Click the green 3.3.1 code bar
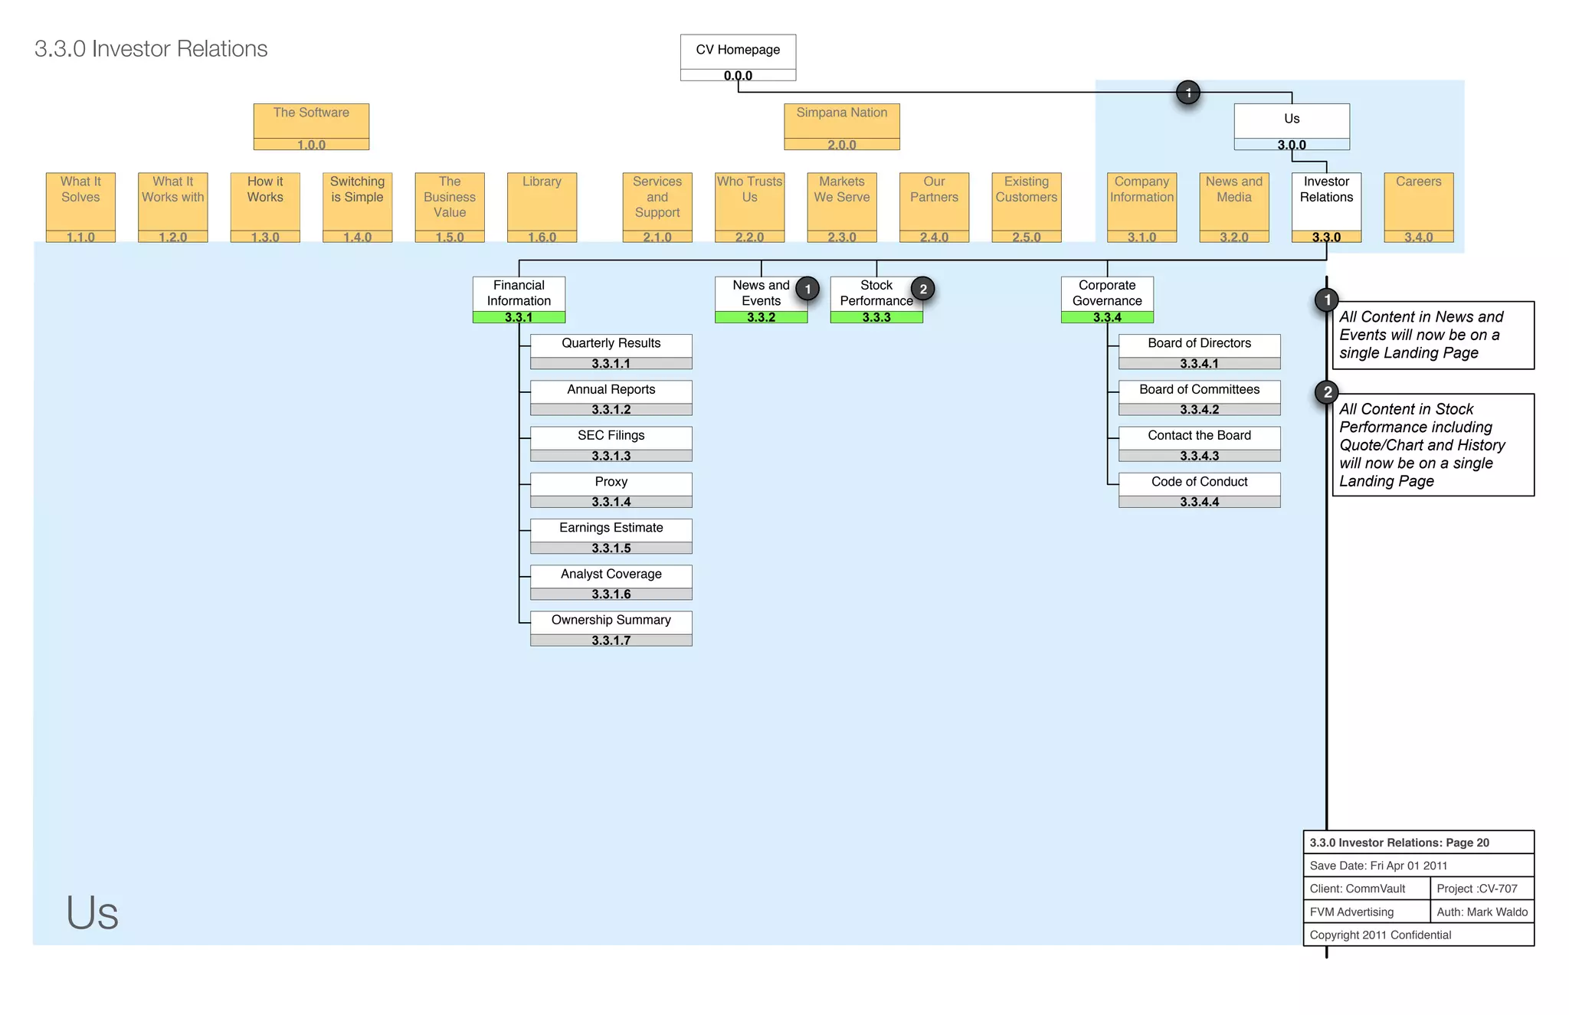pos(519,317)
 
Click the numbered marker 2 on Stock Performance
pos(923,289)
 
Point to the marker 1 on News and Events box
pos(807,289)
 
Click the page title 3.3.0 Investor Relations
pos(151,49)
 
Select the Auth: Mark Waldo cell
pos(1482,912)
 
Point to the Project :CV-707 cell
pos(1477,889)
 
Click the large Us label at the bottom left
pos(92,912)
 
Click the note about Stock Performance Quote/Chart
pos(1433,445)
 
